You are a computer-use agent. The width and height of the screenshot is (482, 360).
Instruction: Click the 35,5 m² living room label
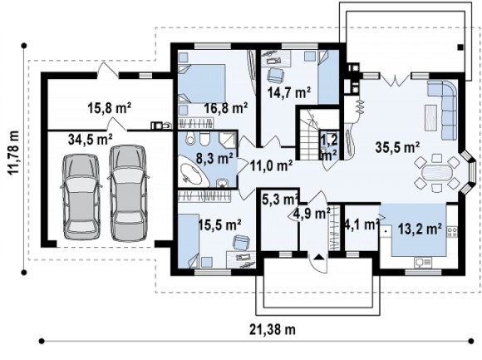click(397, 147)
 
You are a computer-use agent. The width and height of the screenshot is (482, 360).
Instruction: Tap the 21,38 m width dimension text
click(273, 329)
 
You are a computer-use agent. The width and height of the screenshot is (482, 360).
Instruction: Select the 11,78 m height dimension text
click(13, 153)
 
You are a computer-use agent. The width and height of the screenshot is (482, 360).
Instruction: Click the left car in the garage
click(81, 196)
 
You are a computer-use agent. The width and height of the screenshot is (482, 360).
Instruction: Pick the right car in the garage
click(128, 192)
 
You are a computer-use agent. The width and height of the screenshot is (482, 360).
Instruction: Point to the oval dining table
click(437, 172)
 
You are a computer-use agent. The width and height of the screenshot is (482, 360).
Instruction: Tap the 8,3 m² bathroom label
click(214, 159)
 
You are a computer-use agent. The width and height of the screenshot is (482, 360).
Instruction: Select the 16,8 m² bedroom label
click(226, 108)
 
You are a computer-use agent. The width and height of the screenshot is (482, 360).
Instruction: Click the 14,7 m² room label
click(289, 92)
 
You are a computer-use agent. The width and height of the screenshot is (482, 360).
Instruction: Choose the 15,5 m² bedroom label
click(219, 224)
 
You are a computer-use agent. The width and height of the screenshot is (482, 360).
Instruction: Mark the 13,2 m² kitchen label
click(420, 229)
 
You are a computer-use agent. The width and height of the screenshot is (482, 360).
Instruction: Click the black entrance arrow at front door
click(319, 257)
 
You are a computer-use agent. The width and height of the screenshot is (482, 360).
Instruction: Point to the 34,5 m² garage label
click(90, 140)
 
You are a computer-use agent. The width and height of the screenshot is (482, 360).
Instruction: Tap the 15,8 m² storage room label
click(110, 108)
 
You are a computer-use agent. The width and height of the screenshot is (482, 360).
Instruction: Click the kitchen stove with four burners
click(452, 231)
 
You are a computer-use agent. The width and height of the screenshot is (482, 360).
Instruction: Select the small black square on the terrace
click(460, 47)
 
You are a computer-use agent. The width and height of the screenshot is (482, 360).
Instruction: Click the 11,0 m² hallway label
click(271, 166)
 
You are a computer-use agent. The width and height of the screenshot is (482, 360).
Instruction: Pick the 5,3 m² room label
click(280, 200)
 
